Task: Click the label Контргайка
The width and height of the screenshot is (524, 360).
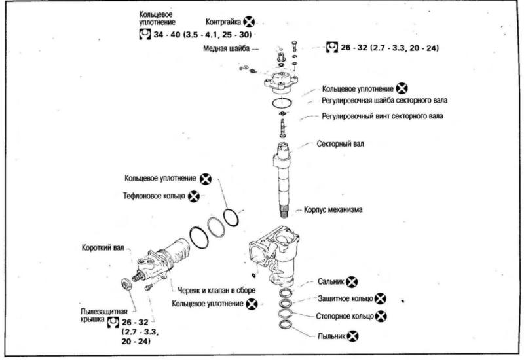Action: point(223,22)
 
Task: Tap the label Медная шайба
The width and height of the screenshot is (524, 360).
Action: point(224,48)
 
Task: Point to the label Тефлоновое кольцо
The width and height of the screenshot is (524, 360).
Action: point(154,196)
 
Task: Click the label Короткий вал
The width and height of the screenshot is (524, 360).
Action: point(102,247)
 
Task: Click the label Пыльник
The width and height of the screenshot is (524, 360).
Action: point(332,335)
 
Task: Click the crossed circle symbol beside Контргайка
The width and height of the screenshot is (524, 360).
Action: point(249,22)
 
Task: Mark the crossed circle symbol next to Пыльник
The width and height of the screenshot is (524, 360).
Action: point(353,335)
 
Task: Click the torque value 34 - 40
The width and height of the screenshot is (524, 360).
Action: point(172,33)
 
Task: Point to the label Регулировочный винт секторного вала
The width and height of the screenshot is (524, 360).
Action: point(382,117)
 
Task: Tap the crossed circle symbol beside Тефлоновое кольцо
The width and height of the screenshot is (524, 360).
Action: point(193,196)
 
